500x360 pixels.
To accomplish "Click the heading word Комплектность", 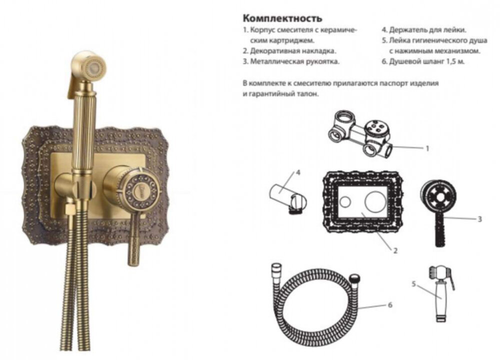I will [281, 18].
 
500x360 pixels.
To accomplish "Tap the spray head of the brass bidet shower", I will [91, 66].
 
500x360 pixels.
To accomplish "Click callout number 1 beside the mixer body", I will [427, 148].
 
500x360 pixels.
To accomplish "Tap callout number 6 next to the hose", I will [390, 304].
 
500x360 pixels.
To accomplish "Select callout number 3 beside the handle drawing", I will [479, 219].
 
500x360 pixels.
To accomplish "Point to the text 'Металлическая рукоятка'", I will [295, 61].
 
